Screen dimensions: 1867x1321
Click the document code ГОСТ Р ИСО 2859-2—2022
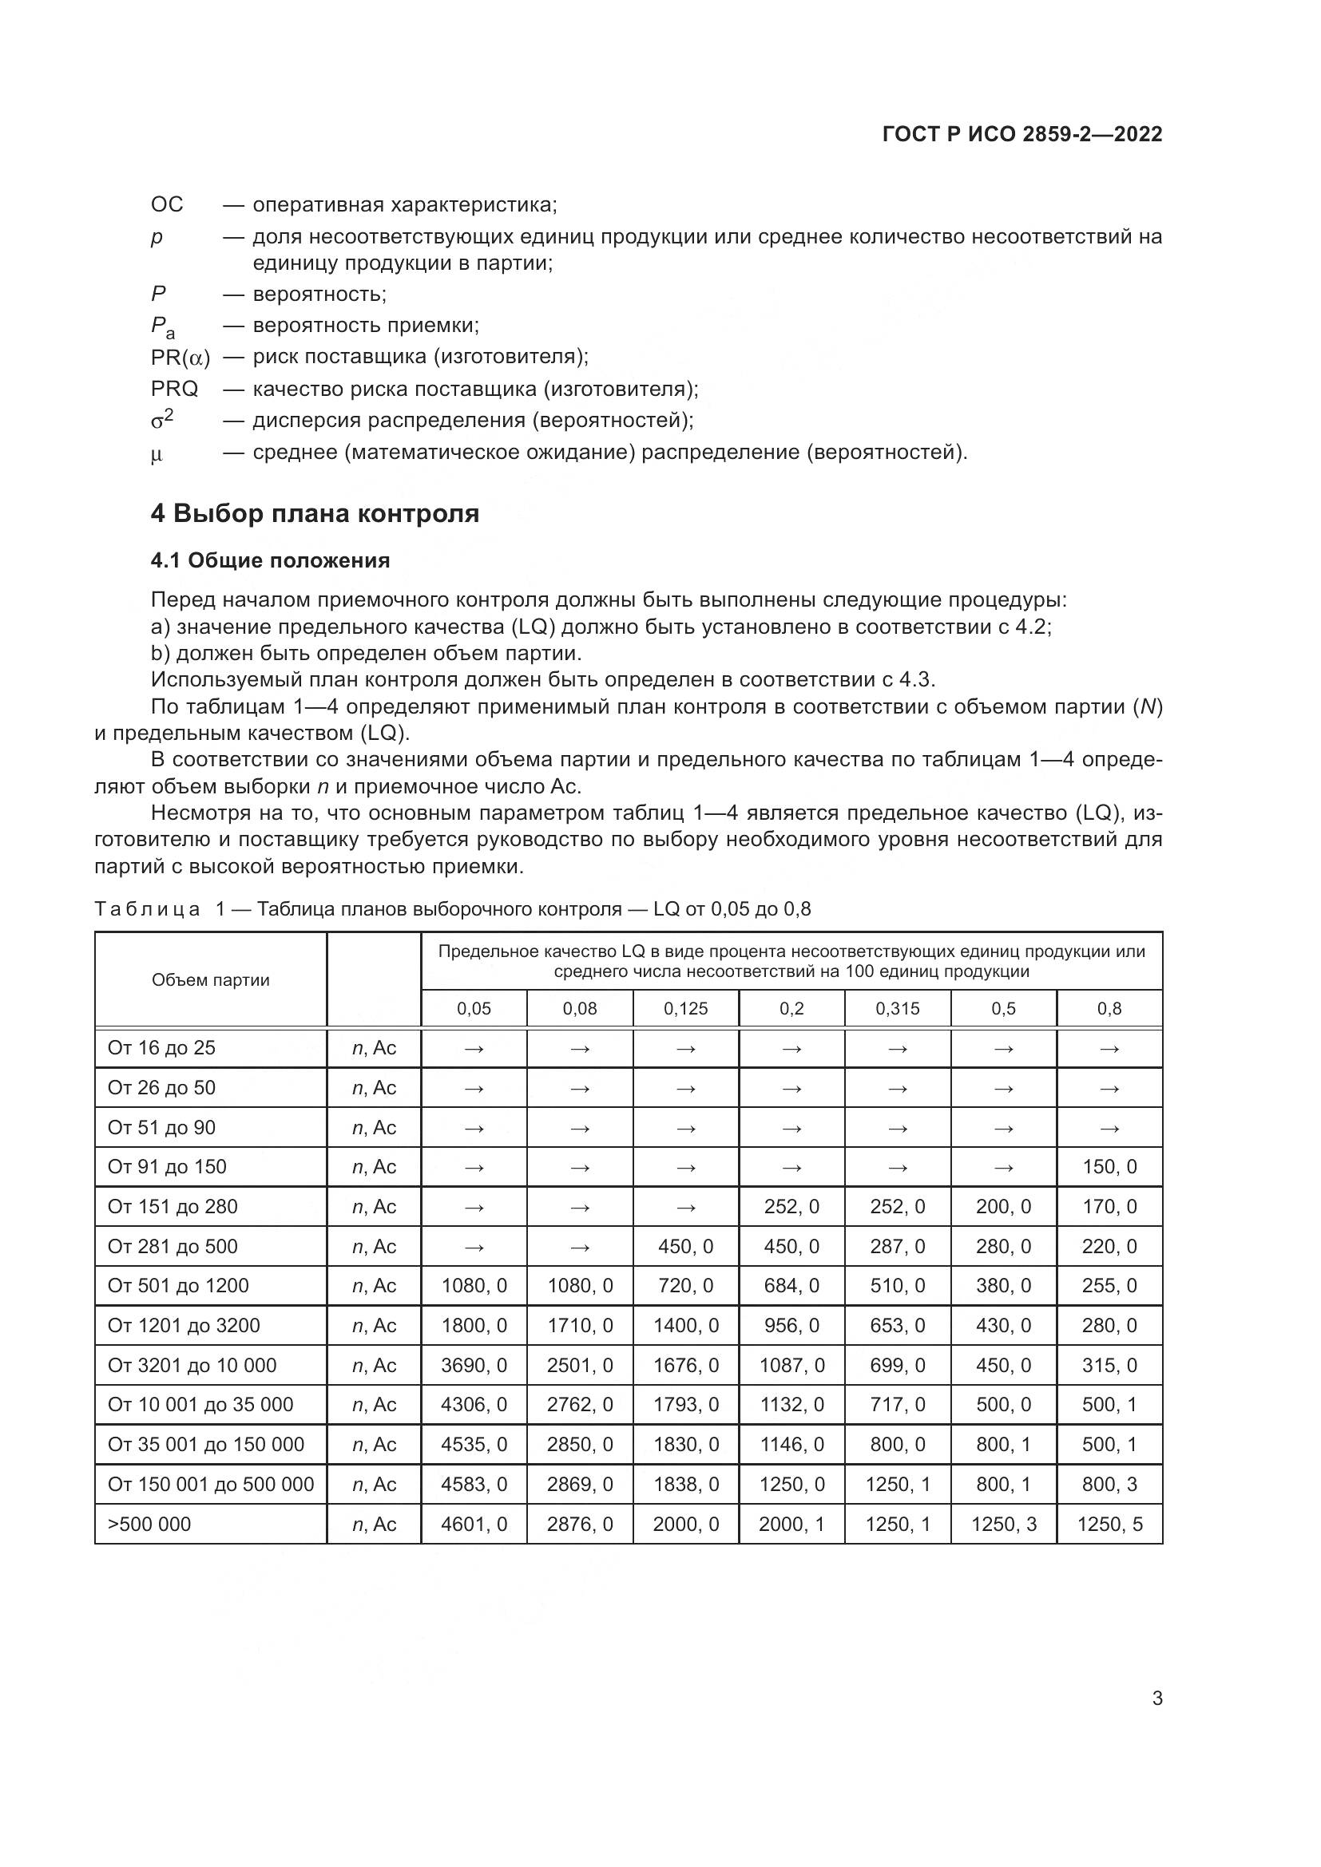[x=1021, y=134]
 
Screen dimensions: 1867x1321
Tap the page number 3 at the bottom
[x=1156, y=1698]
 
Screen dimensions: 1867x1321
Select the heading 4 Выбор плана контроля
[x=315, y=513]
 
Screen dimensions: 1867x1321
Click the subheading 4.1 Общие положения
[x=270, y=560]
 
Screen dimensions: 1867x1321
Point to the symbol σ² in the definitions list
[x=162, y=420]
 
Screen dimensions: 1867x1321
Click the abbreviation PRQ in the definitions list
[x=174, y=389]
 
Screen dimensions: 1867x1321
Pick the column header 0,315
[x=897, y=1008]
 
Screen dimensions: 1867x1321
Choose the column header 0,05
[x=474, y=1008]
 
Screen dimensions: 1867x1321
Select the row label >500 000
[x=149, y=1524]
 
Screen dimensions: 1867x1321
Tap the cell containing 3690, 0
[x=474, y=1365]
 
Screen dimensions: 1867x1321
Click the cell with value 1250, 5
[x=1109, y=1524]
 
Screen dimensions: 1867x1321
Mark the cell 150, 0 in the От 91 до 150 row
[x=1109, y=1167]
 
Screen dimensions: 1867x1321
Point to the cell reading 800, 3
[x=1109, y=1484]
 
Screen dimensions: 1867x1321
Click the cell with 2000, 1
[x=791, y=1524]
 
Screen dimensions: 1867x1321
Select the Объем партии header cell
[x=210, y=980]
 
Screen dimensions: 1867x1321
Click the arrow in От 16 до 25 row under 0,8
[x=1109, y=1048]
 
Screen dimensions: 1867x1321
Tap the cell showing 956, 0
[x=791, y=1326]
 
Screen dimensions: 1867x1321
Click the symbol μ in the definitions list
[x=157, y=453]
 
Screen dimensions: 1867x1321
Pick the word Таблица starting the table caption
[x=146, y=909]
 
